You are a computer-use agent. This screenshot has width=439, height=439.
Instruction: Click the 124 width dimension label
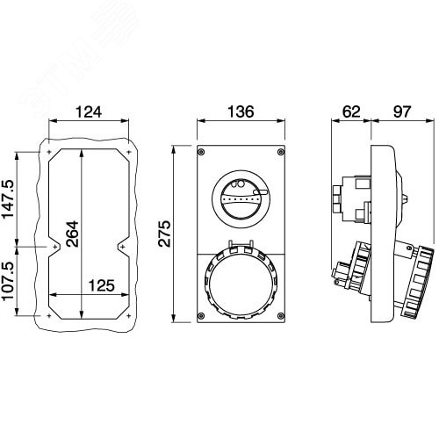pyautogui.click(x=89, y=112)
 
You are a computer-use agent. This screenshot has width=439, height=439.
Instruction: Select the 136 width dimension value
pyautogui.click(x=241, y=112)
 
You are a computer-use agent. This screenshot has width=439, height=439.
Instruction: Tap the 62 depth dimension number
pyautogui.click(x=351, y=112)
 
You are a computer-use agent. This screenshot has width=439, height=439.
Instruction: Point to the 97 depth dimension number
pyautogui.click(x=402, y=112)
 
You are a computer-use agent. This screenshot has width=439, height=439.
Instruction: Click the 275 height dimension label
pyautogui.click(x=164, y=234)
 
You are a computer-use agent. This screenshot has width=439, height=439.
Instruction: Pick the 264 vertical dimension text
pyautogui.click(x=72, y=234)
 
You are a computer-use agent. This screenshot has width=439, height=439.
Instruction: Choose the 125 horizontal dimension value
pyautogui.click(x=102, y=285)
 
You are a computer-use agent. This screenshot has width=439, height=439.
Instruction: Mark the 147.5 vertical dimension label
pyautogui.click(x=8, y=199)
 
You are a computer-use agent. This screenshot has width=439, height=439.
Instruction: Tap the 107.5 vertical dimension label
pyautogui.click(x=8, y=281)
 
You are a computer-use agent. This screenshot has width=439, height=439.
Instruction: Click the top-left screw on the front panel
pyautogui.click(x=201, y=152)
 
